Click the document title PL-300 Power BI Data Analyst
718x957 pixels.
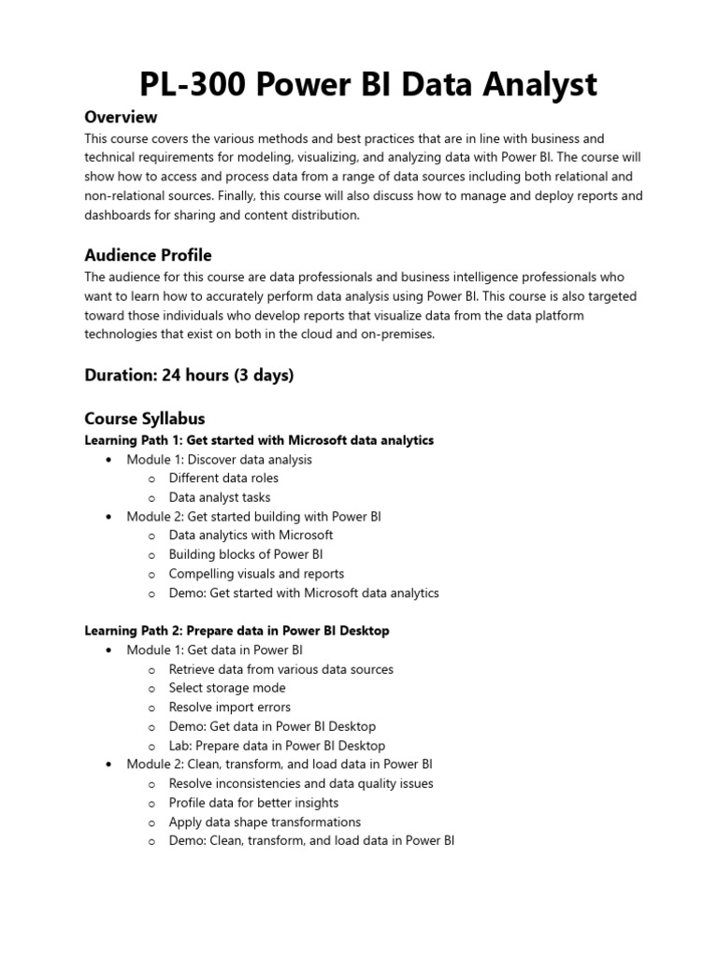click(x=367, y=85)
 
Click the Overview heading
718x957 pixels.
click(x=121, y=117)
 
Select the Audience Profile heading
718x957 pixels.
click(x=148, y=255)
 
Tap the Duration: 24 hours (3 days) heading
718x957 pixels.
click(x=189, y=375)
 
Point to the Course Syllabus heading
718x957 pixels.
click(x=144, y=418)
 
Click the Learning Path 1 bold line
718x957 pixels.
click(x=259, y=439)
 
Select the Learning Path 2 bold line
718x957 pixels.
click(x=237, y=631)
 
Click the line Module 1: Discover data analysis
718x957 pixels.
click(x=219, y=459)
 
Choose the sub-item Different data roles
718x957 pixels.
click(x=223, y=478)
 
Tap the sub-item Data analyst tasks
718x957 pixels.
click(x=220, y=497)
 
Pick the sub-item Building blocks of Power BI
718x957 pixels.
click(x=246, y=554)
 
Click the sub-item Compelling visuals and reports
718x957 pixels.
click(x=256, y=574)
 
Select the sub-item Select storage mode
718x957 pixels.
click(x=227, y=688)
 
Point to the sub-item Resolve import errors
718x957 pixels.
click(x=229, y=707)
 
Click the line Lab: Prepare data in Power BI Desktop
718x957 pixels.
click(x=277, y=746)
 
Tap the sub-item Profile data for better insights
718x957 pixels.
click(x=253, y=803)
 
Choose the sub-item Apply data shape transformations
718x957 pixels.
click(x=265, y=822)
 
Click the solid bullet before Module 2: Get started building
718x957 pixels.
click(x=109, y=517)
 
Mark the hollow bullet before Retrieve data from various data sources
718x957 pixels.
click(x=151, y=670)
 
